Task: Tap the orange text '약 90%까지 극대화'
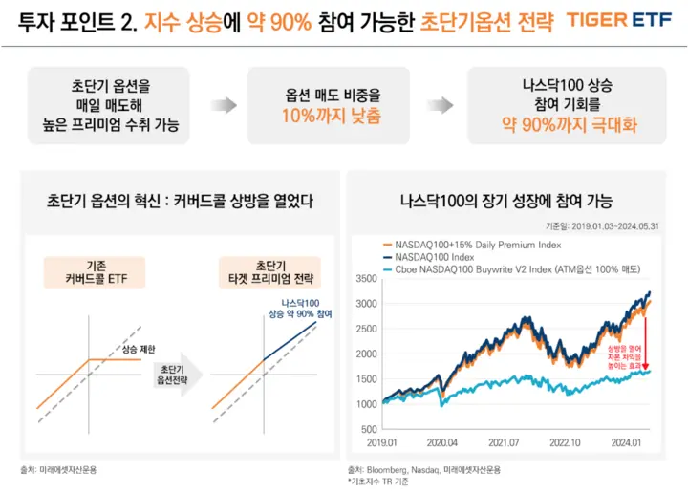point(558,124)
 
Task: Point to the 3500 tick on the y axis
point(365,279)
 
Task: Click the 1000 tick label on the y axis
point(365,403)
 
